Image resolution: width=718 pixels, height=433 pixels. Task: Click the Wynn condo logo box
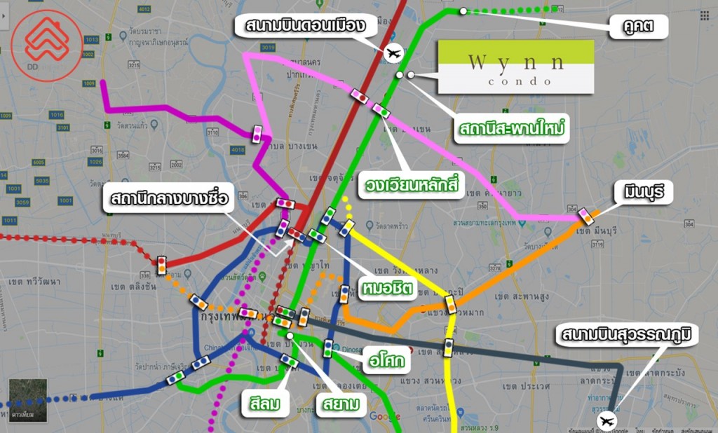[515, 67]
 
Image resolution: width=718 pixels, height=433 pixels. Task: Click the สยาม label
[341, 404]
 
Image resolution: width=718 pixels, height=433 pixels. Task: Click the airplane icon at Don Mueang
[395, 52]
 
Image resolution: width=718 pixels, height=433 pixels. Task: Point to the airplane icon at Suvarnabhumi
[606, 421]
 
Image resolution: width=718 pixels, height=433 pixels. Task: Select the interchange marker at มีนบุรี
[585, 216]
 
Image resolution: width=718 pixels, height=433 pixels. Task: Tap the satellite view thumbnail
[28, 400]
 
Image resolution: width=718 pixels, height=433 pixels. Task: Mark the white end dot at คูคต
[463, 11]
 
